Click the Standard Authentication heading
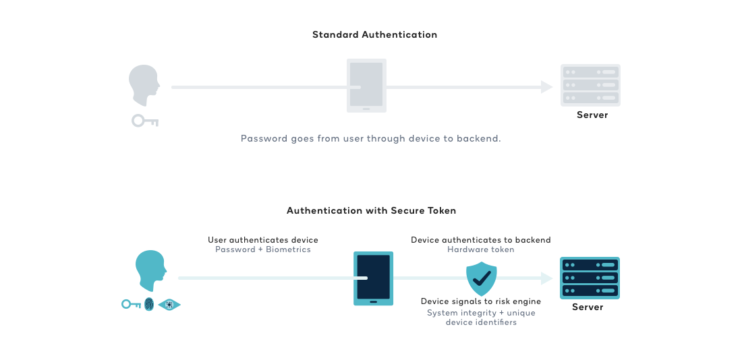coord(374,34)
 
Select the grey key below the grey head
coord(144,121)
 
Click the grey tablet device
coord(366,85)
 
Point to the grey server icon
coord(590,85)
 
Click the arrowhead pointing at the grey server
coord(547,86)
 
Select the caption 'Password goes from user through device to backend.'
coord(370,138)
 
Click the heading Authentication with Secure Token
coord(371,210)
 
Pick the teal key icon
coord(131,305)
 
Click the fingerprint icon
coord(149,305)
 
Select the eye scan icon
coord(170,305)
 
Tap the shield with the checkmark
coord(482,279)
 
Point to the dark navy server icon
coord(590,278)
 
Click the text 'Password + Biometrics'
coord(263,249)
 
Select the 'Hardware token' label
coord(480,249)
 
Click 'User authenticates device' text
coord(263,240)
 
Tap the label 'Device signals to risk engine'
coord(481,301)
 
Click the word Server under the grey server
coord(592,115)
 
